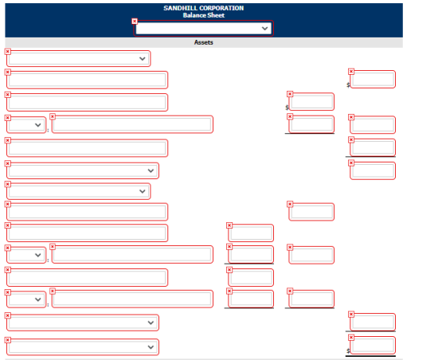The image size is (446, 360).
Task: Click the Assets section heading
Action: pos(204,42)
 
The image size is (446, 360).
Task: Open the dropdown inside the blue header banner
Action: pos(203,29)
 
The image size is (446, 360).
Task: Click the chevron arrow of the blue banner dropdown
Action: pos(264,29)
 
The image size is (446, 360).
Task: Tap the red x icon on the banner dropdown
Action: pos(135,22)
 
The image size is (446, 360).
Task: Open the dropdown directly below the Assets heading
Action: pos(79,59)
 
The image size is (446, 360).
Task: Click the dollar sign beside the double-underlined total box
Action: pos(348,351)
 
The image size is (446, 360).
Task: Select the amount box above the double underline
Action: pos(373,346)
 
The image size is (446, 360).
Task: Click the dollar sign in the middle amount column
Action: pos(287,108)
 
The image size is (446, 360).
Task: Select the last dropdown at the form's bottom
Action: pos(83,347)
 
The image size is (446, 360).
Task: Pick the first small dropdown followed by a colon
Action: pos(26,125)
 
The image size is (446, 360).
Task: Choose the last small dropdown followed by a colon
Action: pos(26,299)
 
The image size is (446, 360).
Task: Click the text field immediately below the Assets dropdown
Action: pos(88,80)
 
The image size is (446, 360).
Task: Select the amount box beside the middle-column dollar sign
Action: pos(311,101)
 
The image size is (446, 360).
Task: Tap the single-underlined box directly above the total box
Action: pos(373,323)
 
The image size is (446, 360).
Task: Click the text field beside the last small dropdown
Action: pos(132,299)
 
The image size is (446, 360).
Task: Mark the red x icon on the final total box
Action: pos(351,338)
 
